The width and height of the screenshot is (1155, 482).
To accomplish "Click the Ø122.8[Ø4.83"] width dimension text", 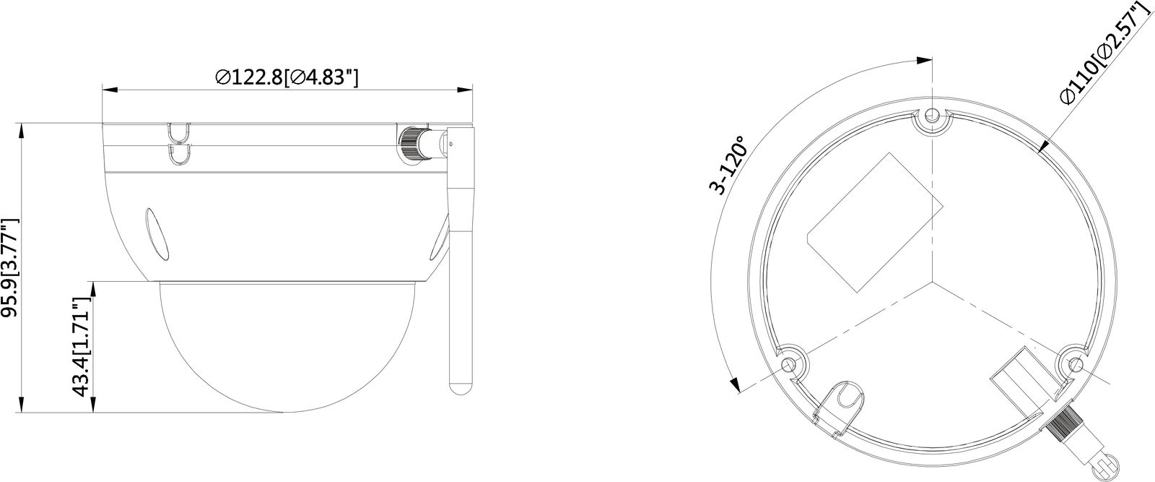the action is [287, 78].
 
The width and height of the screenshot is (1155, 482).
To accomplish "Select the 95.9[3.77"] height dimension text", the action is [10, 267].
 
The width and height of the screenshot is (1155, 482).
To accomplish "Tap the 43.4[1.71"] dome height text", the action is [82, 347].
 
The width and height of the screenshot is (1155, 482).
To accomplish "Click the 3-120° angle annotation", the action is [727, 165].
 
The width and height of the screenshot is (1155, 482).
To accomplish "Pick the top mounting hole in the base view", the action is [931, 116].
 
